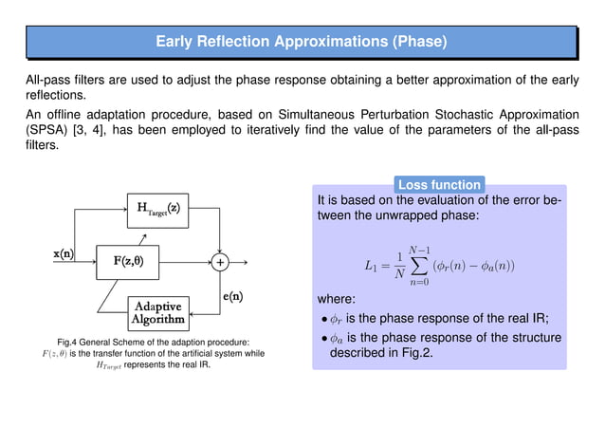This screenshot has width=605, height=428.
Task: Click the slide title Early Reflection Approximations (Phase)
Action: click(302, 42)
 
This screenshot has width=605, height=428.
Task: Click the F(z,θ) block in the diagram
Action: click(129, 259)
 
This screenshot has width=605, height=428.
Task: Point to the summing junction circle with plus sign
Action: click(221, 260)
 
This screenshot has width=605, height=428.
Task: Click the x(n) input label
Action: click(64, 253)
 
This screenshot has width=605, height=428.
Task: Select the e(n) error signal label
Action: click(238, 296)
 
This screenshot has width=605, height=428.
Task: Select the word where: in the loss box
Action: click(339, 301)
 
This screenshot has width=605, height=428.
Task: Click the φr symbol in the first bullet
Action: click(338, 318)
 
